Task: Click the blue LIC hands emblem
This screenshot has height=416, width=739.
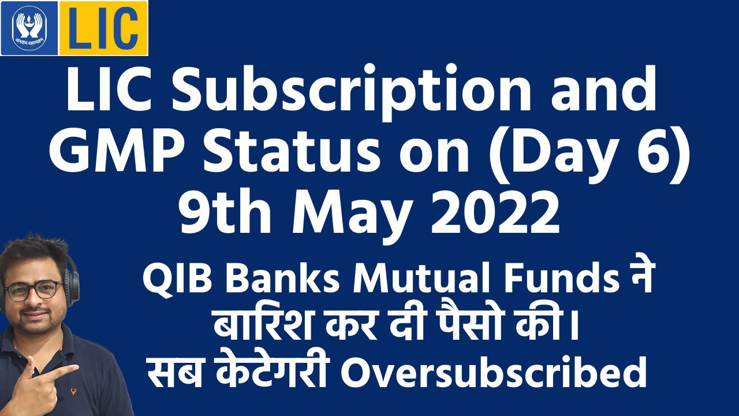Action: click(x=29, y=28)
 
